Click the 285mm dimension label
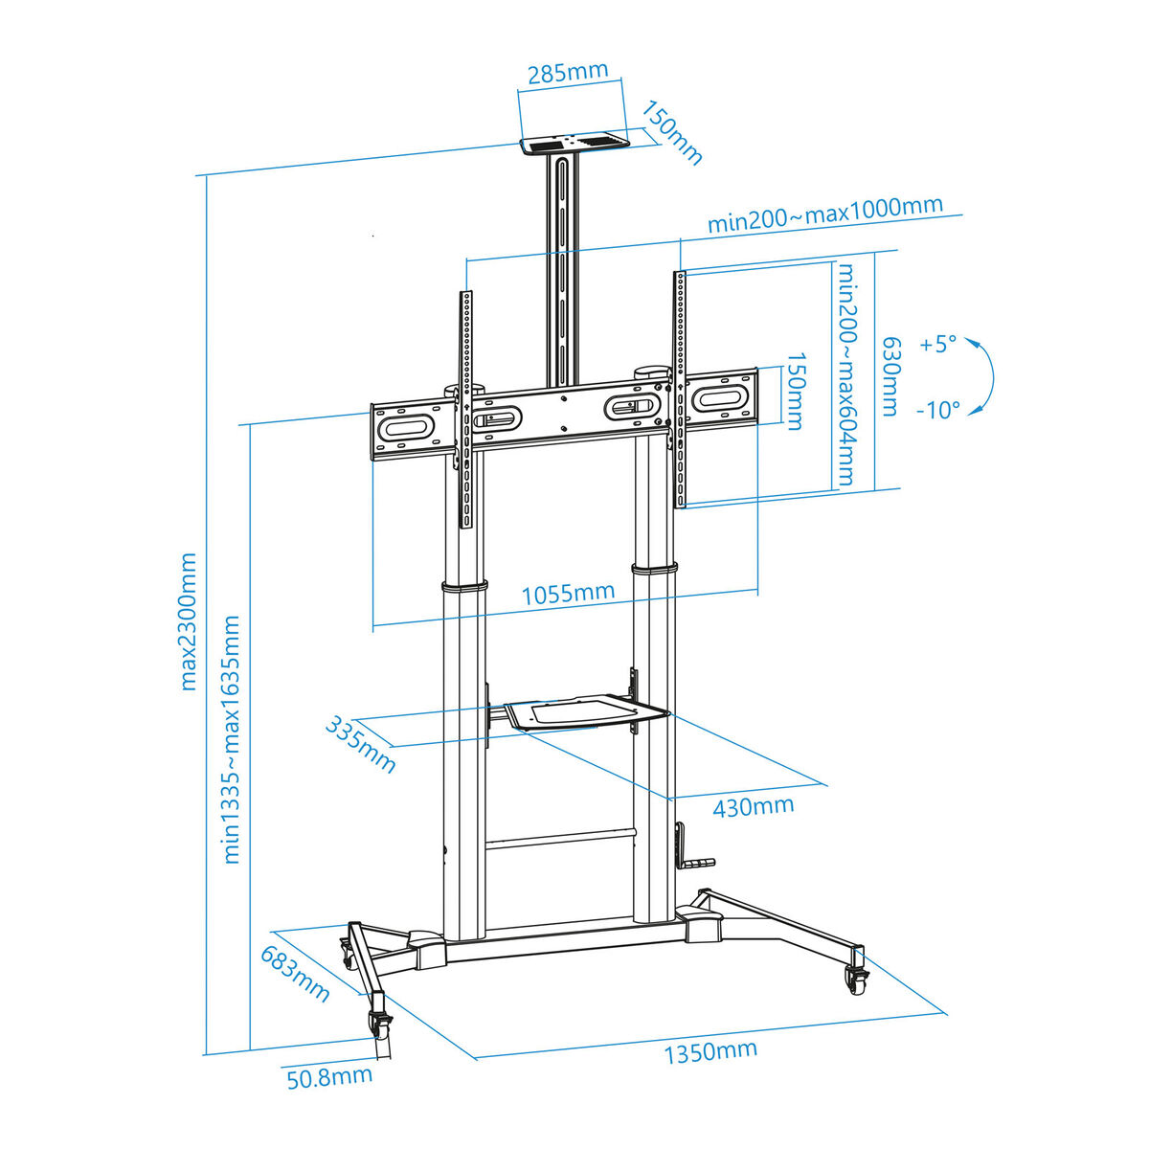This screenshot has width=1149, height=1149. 568,73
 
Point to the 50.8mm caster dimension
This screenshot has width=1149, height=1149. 329,1093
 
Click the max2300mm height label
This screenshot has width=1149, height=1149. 188,622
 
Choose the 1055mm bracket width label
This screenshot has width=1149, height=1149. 568,594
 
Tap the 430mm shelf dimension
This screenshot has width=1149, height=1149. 754,808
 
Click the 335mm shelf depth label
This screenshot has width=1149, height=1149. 361,745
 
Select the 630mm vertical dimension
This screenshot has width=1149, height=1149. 890,377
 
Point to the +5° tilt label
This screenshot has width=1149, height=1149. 938,344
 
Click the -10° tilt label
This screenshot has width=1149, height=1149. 938,410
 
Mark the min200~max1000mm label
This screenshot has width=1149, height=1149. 825,214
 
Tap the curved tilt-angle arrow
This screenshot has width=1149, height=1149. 993,376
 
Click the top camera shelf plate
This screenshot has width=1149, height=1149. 575,146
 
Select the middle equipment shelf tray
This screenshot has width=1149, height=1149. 584,712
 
